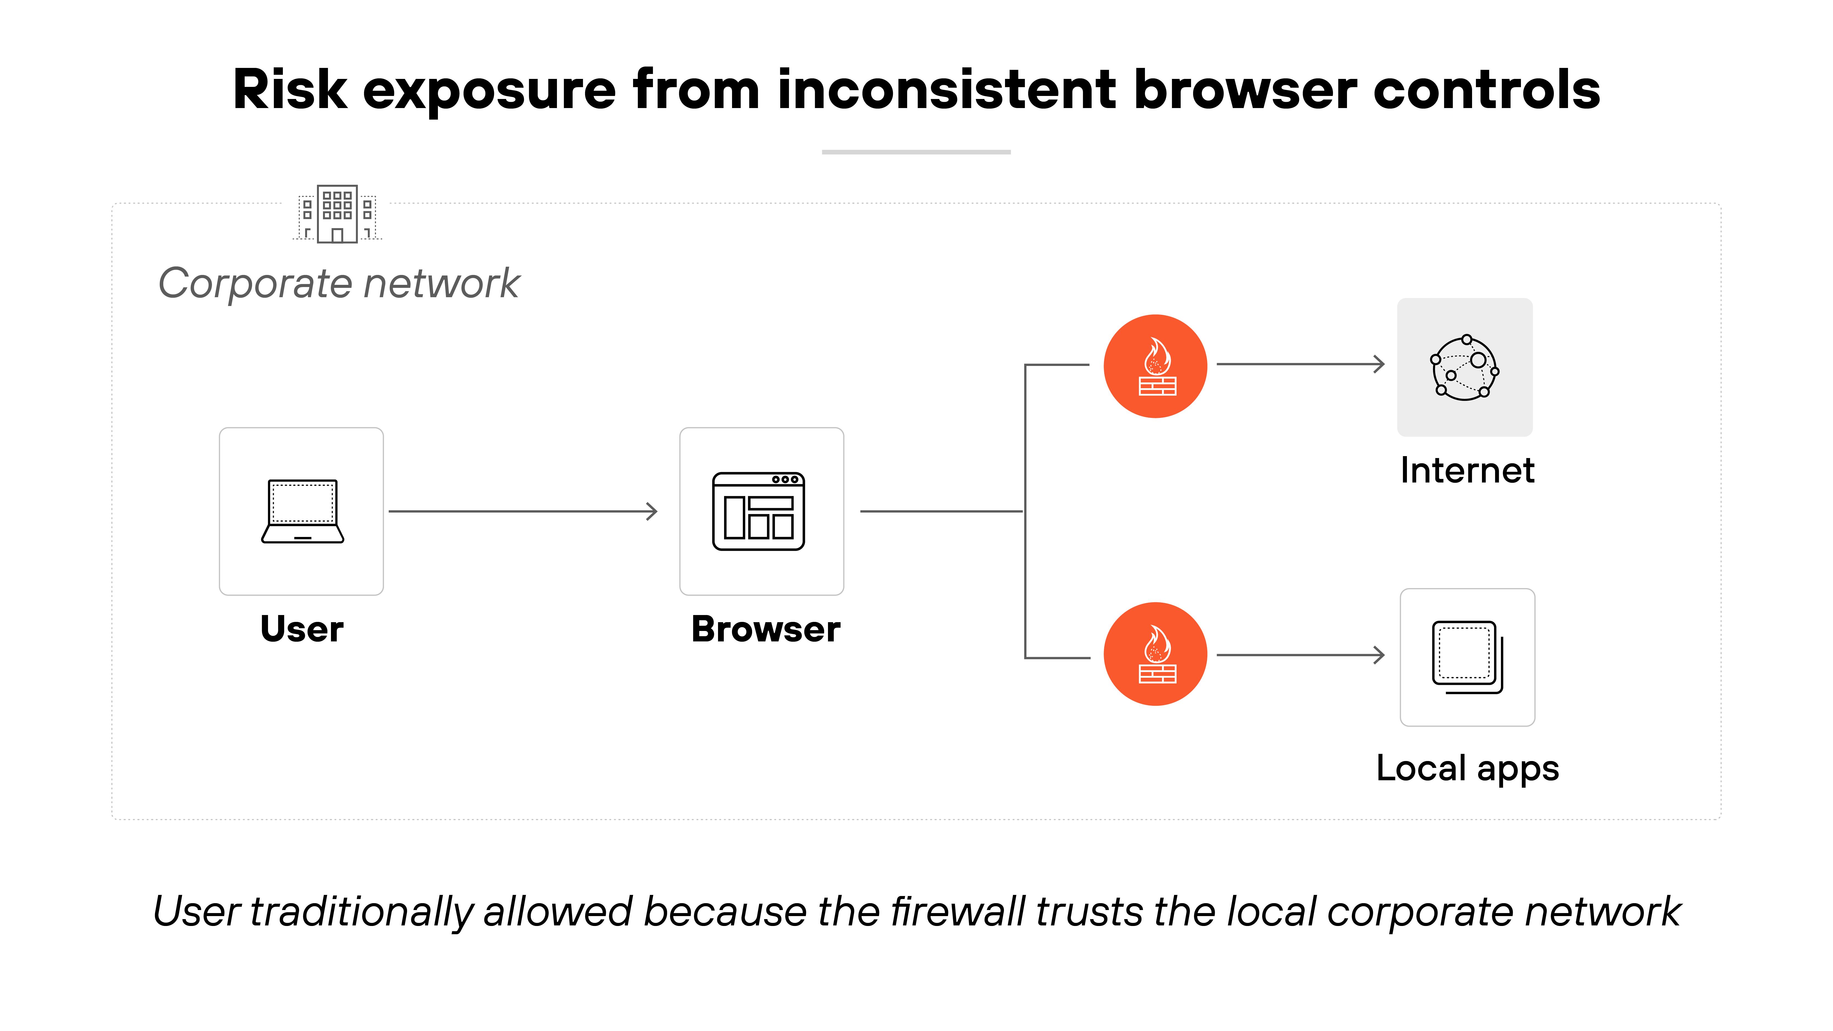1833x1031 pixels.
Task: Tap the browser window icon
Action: point(758,511)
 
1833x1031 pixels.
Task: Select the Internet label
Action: point(1467,470)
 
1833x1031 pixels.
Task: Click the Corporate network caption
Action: point(339,283)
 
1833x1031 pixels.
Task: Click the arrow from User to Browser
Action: point(523,511)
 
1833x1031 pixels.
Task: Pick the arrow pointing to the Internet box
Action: point(1301,364)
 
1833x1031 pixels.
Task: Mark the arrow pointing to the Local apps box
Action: point(1301,655)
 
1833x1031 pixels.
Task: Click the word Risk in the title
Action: point(290,90)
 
